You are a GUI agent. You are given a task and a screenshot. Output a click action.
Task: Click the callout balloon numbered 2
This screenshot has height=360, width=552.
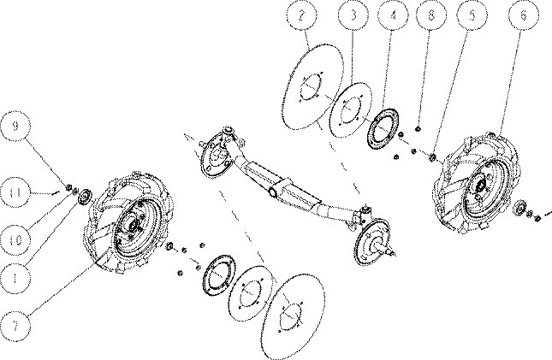[301, 15]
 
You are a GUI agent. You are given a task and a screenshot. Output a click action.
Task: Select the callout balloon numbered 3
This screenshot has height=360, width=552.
[353, 15]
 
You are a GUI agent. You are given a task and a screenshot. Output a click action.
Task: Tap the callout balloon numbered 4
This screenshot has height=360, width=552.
[393, 15]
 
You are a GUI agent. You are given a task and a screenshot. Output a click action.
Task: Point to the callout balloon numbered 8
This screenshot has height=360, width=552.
[431, 15]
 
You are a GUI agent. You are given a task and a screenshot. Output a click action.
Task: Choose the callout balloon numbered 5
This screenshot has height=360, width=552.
[472, 15]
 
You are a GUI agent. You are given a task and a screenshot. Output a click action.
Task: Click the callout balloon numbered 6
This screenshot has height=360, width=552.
[524, 15]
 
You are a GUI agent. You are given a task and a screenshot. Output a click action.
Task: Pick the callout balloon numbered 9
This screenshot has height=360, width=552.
[15, 126]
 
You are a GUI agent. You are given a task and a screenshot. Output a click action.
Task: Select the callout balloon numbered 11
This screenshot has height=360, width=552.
[15, 192]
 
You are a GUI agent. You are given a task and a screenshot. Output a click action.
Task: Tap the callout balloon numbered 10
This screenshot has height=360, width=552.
[15, 240]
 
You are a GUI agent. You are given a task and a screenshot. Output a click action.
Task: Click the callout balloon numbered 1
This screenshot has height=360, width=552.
[15, 279]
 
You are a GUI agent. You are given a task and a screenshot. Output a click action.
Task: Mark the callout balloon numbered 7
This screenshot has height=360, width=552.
[15, 326]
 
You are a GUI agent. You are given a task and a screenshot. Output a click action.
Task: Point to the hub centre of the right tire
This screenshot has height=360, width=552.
[481, 185]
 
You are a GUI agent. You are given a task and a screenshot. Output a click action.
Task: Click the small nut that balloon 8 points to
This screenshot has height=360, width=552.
[418, 129]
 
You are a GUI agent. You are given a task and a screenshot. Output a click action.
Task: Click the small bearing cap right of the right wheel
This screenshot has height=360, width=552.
[519, 207]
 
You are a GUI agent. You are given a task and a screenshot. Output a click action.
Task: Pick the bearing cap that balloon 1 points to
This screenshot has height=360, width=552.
[85, 197]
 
